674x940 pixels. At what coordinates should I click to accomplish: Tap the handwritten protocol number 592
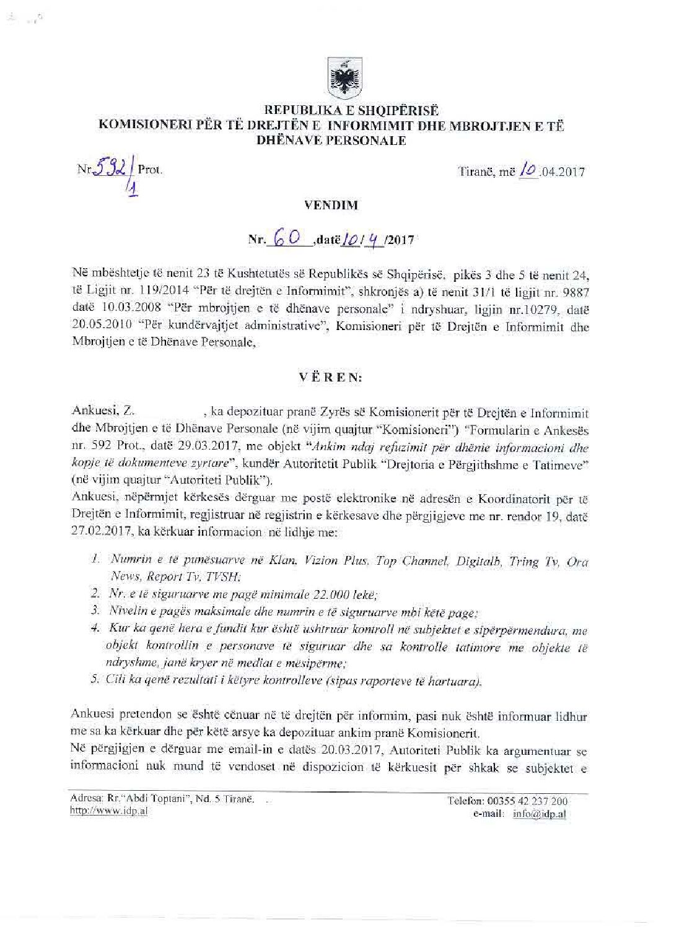pyautogui.click(x=115, y=168)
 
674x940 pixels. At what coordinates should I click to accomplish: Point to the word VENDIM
pyautogui.click(x=336, y=206)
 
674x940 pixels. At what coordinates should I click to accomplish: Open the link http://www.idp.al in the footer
pyautogui.click(x=109, y=811)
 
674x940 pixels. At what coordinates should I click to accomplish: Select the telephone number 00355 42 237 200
pyautogui.click(x=532, y=801)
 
